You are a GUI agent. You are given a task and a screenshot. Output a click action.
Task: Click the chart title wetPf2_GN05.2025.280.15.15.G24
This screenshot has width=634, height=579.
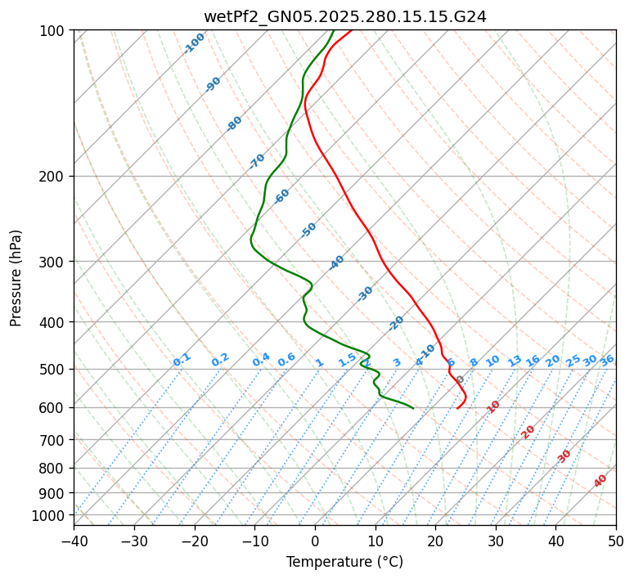(344, 16)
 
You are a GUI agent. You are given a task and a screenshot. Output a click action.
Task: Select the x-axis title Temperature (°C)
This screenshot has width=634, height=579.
(344, 563)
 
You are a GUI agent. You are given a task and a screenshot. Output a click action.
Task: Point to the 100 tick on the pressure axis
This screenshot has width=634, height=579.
(52, 31)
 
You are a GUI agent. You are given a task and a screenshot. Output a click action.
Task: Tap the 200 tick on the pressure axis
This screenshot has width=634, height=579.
(52, 177)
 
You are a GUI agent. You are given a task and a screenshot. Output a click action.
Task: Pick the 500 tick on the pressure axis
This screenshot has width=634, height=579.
(52, 369)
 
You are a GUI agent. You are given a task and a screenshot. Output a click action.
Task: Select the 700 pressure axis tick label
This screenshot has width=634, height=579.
(52, 440)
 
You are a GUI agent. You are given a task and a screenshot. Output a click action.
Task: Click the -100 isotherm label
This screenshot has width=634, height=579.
(195, 43)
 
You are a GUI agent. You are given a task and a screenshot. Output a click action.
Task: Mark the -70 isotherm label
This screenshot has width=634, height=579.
(257, 161)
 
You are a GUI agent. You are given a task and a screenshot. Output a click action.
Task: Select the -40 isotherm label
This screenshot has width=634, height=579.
(337, 263)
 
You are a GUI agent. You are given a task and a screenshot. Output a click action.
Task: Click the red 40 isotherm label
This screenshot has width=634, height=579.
(600, 481)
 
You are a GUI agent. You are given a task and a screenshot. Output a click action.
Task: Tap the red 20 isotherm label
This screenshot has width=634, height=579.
(528, 432)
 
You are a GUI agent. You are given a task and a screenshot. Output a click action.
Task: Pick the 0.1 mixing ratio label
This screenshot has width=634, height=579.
(182, 360)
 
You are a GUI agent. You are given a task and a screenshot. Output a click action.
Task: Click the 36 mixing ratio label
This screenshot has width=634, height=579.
(607, 361)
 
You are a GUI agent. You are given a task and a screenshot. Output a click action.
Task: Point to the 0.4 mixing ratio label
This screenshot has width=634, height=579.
(261, 361)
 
